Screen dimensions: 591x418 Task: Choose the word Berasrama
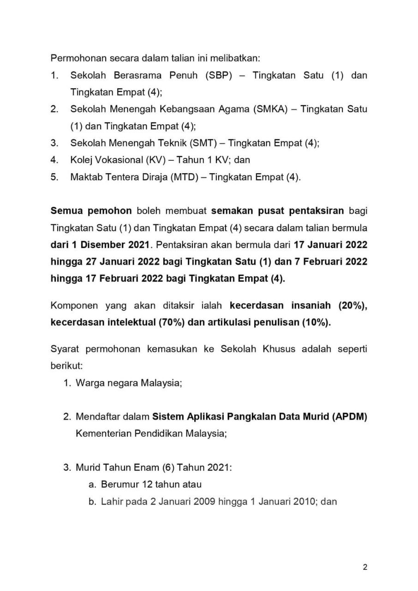point(145,76)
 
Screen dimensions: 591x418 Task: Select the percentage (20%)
point(353,306)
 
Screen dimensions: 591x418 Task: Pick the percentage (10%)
point(316,323)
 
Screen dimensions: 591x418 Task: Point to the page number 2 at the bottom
point(365,567)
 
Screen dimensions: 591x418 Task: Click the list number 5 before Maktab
point(54,177)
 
